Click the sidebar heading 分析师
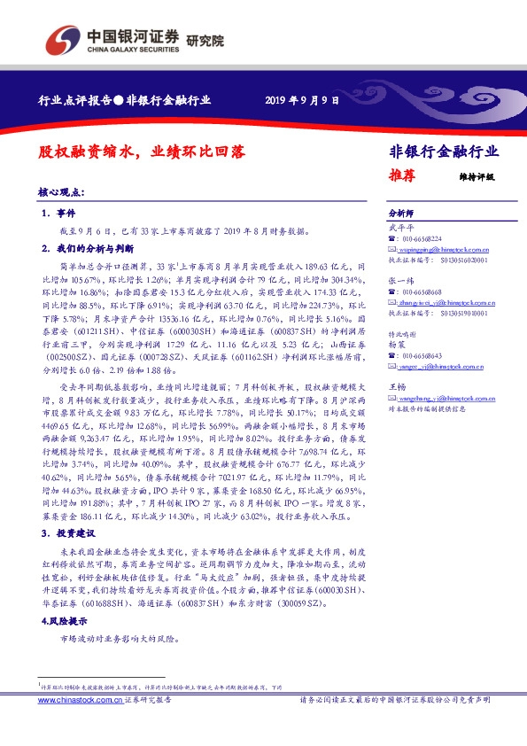pyautogui.click(x=402, y=214)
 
